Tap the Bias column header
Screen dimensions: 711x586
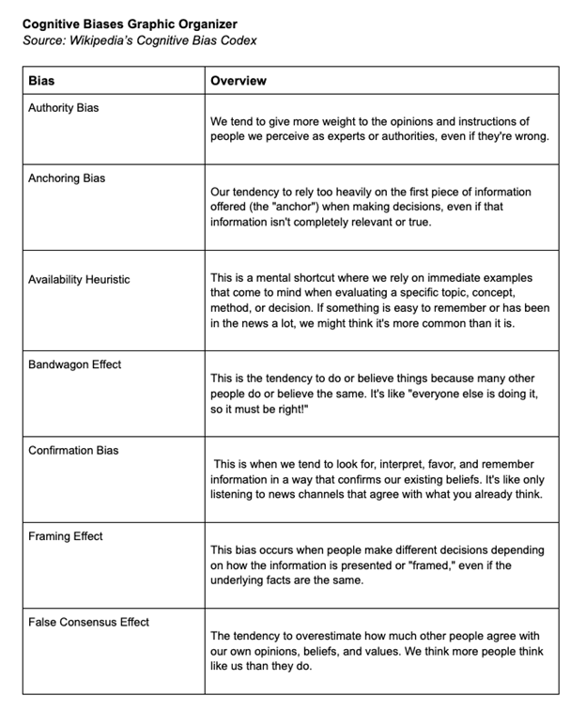(41, 81)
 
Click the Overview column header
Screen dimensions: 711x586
(239, 81)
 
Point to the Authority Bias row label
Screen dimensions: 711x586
(63, 108)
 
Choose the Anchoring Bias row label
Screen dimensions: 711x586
(66, 178)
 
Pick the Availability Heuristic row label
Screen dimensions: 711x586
(79, 279)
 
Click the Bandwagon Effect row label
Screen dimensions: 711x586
(74, 364)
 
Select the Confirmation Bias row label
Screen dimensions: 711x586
(73, 450)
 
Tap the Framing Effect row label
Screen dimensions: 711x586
(66, 536)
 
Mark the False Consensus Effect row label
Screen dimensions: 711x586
(88, 622)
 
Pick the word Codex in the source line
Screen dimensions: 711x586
(238, 40)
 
